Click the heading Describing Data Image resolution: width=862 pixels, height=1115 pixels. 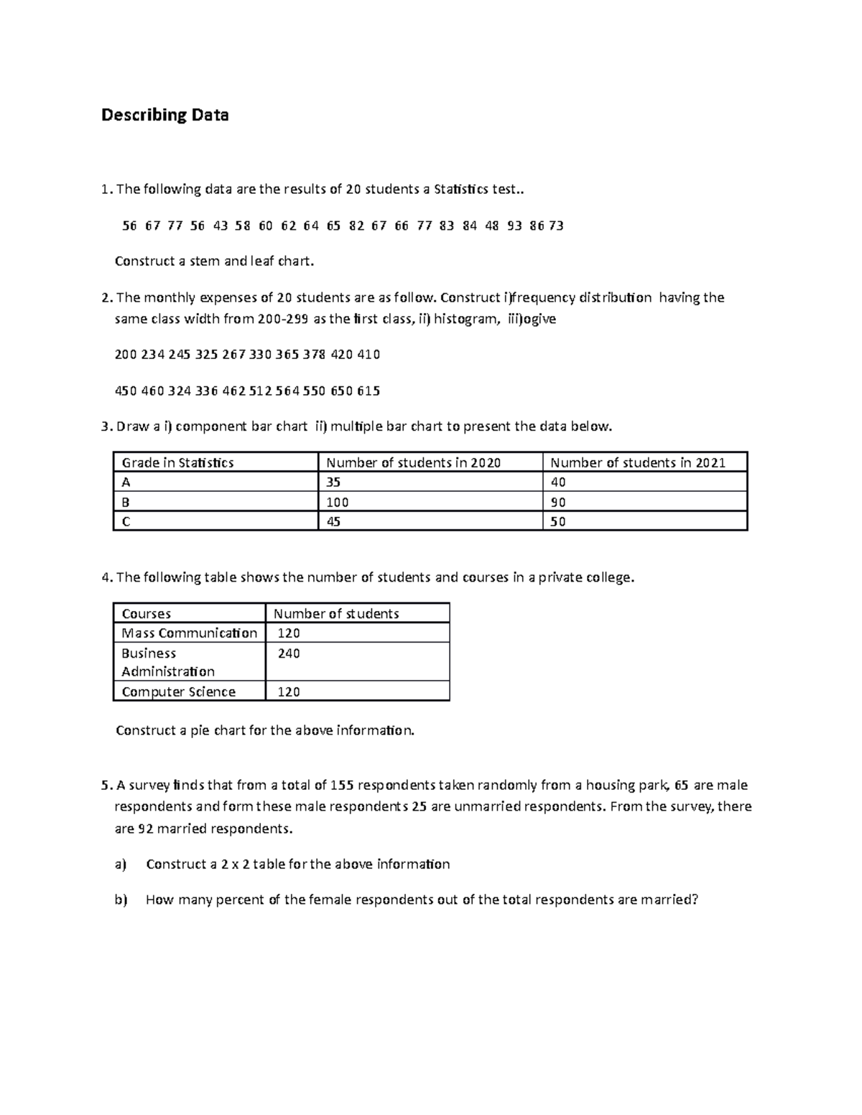[164, 115]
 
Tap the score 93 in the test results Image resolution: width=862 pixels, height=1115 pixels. [514, 225]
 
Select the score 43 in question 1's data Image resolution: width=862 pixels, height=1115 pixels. [221, 225]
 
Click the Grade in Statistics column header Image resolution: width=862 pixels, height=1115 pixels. [177, 462]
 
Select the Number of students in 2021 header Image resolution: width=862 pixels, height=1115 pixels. [637, 462]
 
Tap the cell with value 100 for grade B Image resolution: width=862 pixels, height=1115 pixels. [338, 502]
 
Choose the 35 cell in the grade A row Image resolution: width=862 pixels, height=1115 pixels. [333, 482]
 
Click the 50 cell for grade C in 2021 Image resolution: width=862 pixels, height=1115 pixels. [558, 522]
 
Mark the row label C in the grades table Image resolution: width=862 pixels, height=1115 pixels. [126, 522]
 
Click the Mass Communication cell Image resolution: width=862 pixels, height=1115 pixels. [189, 633]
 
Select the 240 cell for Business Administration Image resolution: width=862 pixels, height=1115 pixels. [289, 653]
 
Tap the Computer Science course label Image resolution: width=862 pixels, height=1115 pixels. [178, 691]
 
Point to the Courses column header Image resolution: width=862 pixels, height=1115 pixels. [146, 614]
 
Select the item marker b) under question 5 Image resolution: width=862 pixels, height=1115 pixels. [120, 900]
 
